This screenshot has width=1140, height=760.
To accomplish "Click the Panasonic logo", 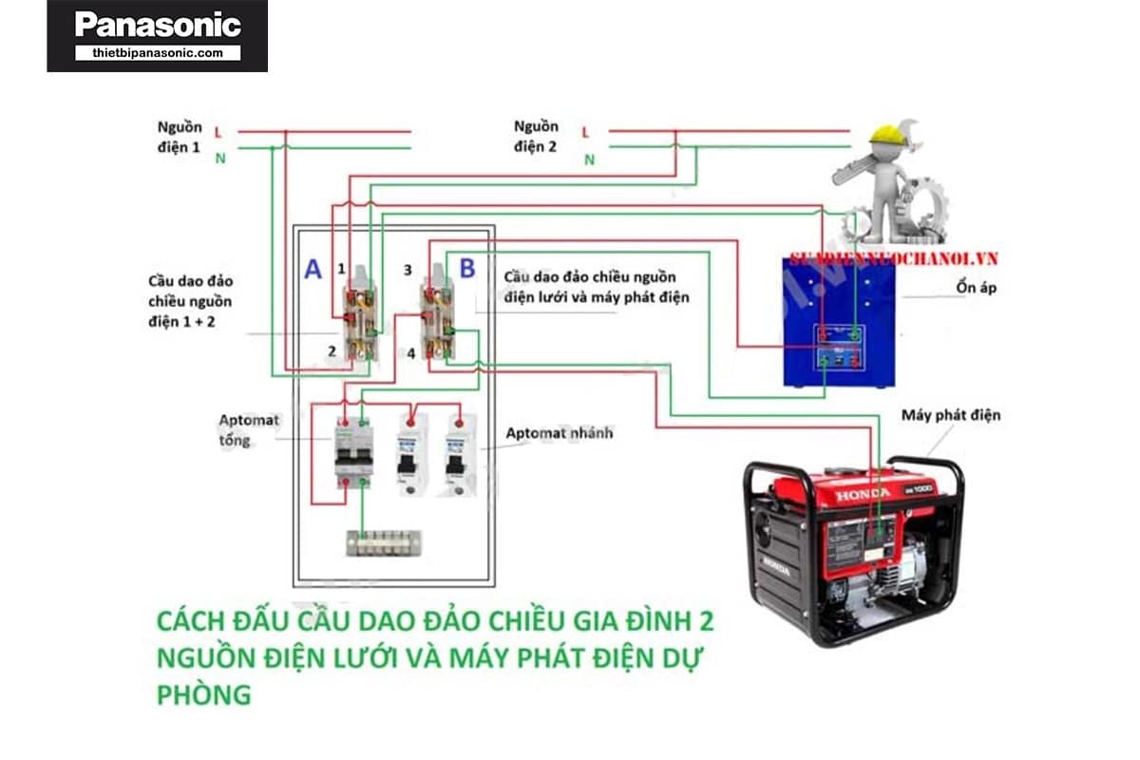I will pos(157,25).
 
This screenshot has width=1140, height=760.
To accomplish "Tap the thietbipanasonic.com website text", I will pos(158,53).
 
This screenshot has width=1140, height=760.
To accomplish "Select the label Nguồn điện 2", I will pos(536,137).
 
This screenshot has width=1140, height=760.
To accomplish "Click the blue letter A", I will pos(313,270).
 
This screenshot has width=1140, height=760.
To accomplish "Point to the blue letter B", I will pos(467,269).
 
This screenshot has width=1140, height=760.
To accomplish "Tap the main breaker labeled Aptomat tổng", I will pos(352,454).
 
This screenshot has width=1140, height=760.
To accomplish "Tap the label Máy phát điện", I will pos(950,415).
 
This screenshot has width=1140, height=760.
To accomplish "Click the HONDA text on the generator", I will pos(863,494).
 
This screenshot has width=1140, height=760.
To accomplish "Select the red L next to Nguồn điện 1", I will pos(218,131).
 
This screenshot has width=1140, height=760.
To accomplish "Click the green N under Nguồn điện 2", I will pos(589,160).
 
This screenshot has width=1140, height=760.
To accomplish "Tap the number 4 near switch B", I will pos(410,353).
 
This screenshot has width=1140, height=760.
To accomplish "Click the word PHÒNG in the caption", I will pos(204,694).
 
